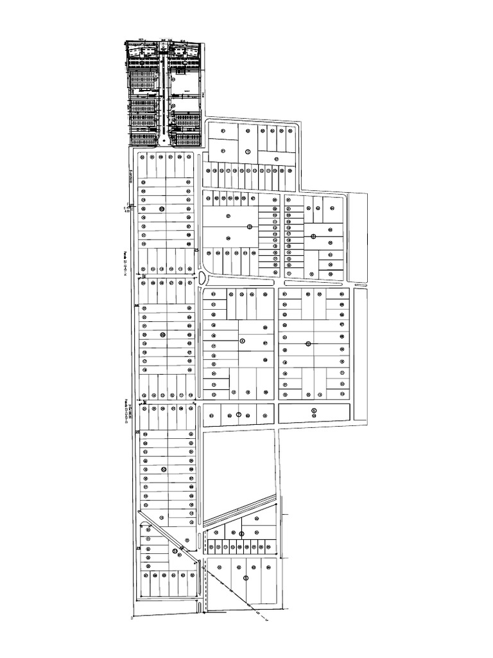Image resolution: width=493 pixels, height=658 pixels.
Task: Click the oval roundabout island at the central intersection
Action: pyautogui.click(x=202, y=278)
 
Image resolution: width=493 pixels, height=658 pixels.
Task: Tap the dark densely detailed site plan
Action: pyautogui.click(x=164, y=94)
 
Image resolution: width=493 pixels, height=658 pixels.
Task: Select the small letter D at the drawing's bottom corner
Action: pyautogui.click(x=131, y=619)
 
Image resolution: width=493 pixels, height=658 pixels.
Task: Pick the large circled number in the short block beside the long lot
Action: pyautogui.click(x=238, y=414)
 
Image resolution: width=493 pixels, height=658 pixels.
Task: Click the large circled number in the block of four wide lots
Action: pyautogui.click(x=246, y=578)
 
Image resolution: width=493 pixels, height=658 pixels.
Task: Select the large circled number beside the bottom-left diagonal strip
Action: pyautogui.click(x=175, y=551)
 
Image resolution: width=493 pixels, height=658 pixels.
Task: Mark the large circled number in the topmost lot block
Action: pyautogui.click(x=248, y=152)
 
